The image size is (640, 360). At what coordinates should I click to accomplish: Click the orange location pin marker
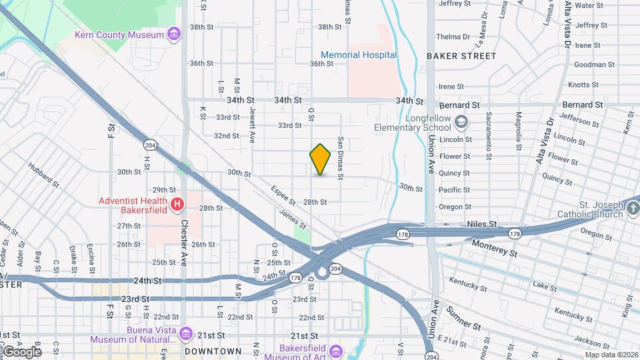[320, 159]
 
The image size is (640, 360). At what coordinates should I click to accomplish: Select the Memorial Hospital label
[359, 55]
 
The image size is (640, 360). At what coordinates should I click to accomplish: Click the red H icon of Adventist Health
[177, 204]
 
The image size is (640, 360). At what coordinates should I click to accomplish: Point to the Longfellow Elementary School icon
[461, 122]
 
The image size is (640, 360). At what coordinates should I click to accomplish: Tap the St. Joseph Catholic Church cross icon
[633, 210]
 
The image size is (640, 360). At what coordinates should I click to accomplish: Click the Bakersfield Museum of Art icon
[335, 351]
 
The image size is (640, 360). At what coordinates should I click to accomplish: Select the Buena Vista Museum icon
[186, 333]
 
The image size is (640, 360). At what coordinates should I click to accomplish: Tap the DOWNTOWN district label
[213, 351]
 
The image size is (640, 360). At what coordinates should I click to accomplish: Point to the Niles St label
[483, 225]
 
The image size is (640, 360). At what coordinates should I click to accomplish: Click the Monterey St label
[494, 249]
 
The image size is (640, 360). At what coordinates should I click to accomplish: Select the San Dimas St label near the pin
[341, 159]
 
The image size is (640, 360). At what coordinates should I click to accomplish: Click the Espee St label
[283, 195]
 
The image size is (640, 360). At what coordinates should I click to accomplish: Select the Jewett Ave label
[253, 125]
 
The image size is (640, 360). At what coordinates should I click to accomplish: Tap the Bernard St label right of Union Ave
[460, 105]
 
